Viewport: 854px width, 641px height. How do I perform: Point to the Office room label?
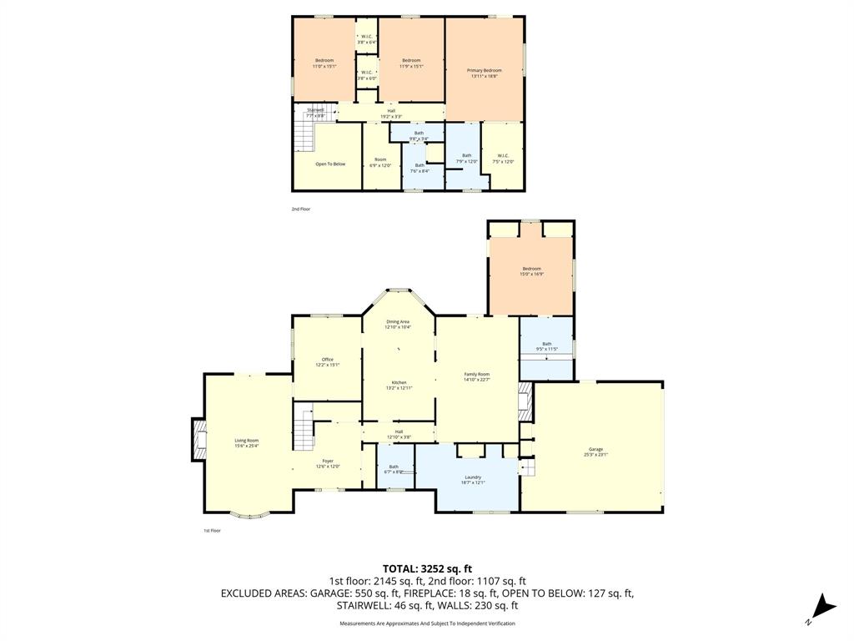pos(328,361)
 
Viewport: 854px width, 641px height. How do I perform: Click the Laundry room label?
pos(472,479)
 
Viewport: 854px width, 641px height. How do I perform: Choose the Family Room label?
pos(476,376)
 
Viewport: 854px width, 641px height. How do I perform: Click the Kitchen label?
pos(399,385)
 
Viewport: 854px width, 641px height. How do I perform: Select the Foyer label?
pos(328,463)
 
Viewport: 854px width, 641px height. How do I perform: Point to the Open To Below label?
pos(330,164)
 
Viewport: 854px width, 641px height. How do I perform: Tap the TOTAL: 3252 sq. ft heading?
pos(427,568)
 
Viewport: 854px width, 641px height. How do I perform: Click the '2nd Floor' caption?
pos(300,209)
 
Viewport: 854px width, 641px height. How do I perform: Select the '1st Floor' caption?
pos(213,531)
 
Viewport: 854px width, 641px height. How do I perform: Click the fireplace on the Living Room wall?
pos(198,440)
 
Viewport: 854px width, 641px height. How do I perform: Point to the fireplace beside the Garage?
pos(525,401)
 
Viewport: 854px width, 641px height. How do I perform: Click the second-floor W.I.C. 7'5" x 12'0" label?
pos(503,158)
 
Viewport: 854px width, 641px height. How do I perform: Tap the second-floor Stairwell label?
pos(315,112)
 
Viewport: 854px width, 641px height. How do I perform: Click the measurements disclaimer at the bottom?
pos(427,623)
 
